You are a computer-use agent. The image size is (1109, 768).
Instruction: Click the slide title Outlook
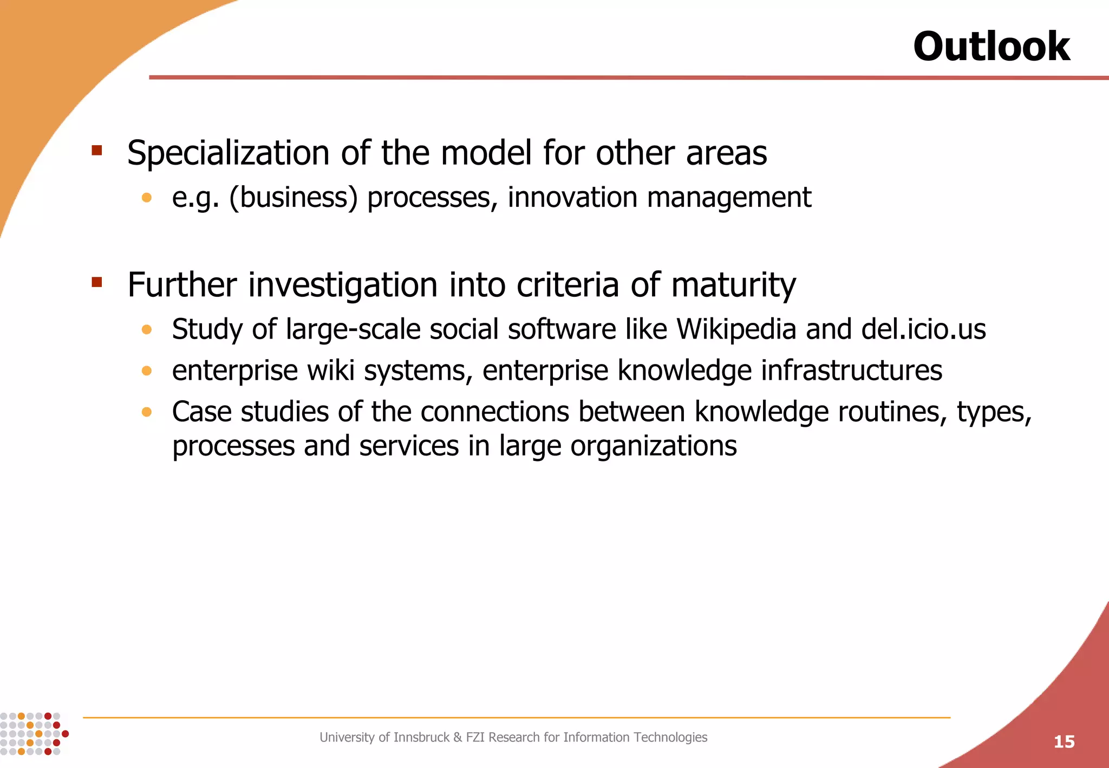[x=991, y=46]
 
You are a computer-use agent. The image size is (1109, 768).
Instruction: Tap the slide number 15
[x=1064, y=741]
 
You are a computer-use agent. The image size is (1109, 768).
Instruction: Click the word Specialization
[x=228, y=153]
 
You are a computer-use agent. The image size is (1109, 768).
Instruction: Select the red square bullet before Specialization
[x=97, y=150]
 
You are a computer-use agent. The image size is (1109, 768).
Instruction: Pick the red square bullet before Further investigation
[x=97, y=282]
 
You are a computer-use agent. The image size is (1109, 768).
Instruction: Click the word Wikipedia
[x=736, y=329]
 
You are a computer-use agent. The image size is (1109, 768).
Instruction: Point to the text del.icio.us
[x=923, y=329]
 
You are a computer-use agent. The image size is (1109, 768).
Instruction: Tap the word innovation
[x=572, y=197]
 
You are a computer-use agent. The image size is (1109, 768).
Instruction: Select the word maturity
[x=733, y=285]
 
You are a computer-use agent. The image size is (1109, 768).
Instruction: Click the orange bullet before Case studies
[x=146, y=412]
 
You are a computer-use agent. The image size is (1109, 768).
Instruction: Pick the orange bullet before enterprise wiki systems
[x=146, y=371]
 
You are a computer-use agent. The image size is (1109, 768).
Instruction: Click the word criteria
[x=567, y=285]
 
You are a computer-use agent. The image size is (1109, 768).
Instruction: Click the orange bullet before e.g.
[x=146, y=198]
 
